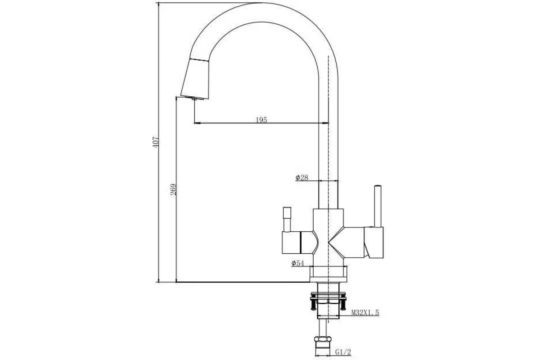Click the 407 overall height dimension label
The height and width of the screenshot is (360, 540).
point(156,142)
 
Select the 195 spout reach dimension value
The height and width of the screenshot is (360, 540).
point(261,120)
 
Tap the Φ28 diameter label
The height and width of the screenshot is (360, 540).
point(302,178)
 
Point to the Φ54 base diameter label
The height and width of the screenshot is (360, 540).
point(297,263)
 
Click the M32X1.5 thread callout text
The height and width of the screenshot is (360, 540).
point(365,313)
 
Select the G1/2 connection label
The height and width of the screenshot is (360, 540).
point(343,352)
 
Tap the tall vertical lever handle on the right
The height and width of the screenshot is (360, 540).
point(378,206)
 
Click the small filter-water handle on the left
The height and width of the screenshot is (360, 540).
point(287,219)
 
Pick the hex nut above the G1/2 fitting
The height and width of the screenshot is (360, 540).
point(323,339)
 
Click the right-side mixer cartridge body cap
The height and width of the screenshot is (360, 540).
point(374,243)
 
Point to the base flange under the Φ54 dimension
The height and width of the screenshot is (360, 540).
point(328,274)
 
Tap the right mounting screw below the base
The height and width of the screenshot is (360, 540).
point(343,304)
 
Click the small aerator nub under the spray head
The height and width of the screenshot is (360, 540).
point(194,99)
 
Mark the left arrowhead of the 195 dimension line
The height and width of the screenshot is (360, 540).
point(197,123)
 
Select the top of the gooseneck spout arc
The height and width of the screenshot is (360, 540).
point(261,3)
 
